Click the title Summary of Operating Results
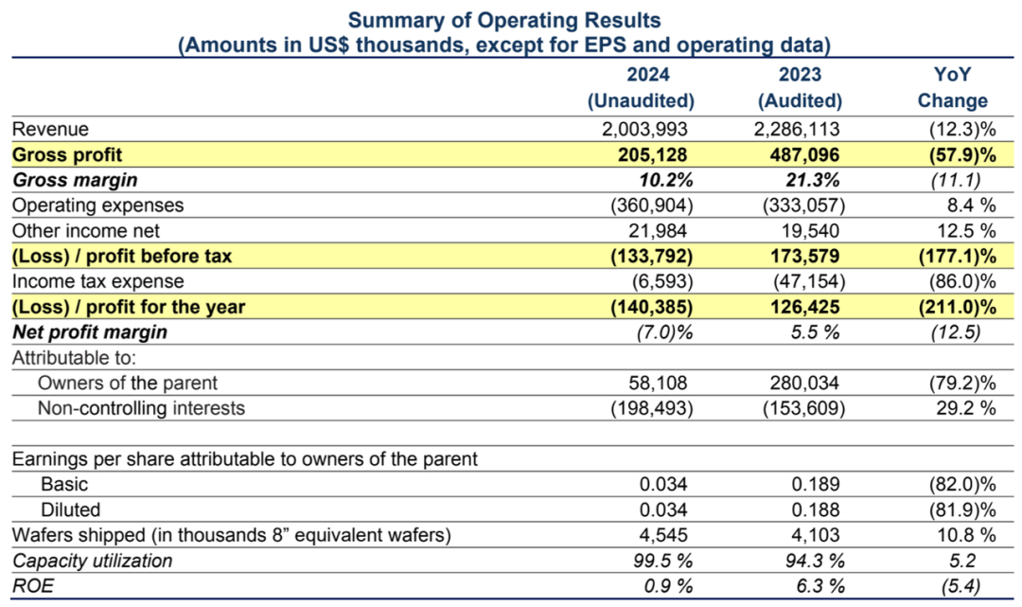(503, 20)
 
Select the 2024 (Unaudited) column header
(641, 87)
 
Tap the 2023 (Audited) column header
(800, 87)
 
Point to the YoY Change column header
(952, 87)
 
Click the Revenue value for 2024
(644, 129)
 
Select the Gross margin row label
(75, 180)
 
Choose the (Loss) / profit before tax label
(122, 257)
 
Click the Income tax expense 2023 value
(809, 281)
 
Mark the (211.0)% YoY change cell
(958, 307)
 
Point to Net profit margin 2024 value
(665, 332)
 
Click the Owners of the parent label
(128, 383)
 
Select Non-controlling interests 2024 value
(652, 408)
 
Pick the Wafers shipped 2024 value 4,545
(662, 535)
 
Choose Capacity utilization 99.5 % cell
(662, 561)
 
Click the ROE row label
(33, 586)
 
